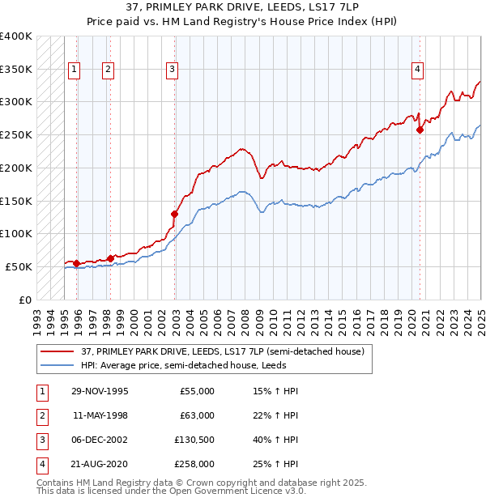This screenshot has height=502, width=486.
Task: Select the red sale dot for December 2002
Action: (174, 214)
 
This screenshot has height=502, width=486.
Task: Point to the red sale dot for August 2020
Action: (420, 130)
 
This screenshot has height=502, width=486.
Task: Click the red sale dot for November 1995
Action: (76, 263)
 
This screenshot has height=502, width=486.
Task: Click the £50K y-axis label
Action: (19, 266)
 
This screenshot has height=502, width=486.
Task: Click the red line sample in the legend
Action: (58, 351)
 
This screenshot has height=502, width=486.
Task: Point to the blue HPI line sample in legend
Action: (58, 365)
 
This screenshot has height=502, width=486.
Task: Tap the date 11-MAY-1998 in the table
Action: (100, 415)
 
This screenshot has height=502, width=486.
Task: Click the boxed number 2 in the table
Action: (41, 415)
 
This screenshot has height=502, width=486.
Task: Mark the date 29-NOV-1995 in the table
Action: (100, 391)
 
